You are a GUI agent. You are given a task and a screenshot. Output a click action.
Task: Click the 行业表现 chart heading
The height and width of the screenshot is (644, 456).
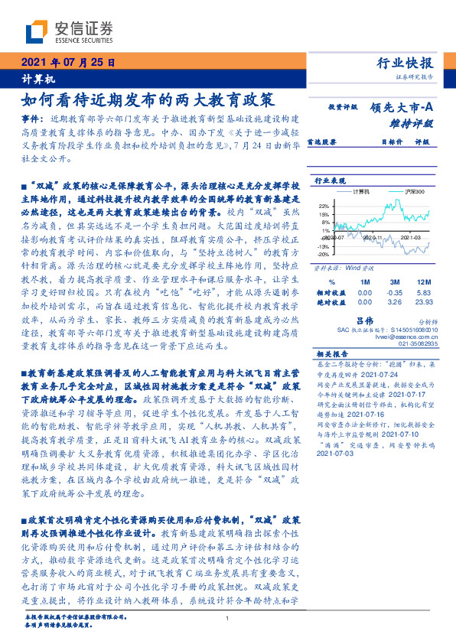point(327,181)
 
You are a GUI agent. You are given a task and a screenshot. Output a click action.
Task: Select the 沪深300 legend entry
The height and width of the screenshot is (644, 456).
point(414,190)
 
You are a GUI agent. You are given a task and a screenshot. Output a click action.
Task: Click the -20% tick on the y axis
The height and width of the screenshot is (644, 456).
point(324,254)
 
